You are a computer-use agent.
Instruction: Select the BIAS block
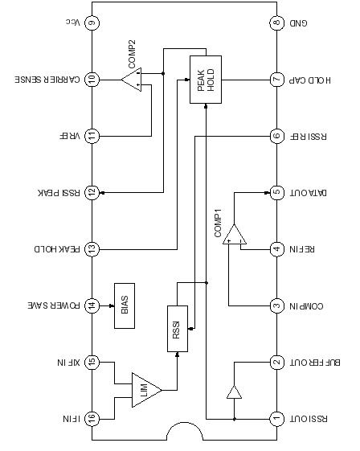point(125,305)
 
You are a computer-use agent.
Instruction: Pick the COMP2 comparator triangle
point(131,80)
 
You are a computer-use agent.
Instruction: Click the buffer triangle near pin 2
point(234,392)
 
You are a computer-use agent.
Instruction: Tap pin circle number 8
point(276,23)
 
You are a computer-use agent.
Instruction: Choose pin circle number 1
point(276,419)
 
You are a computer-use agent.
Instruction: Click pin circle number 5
point(276,192)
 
